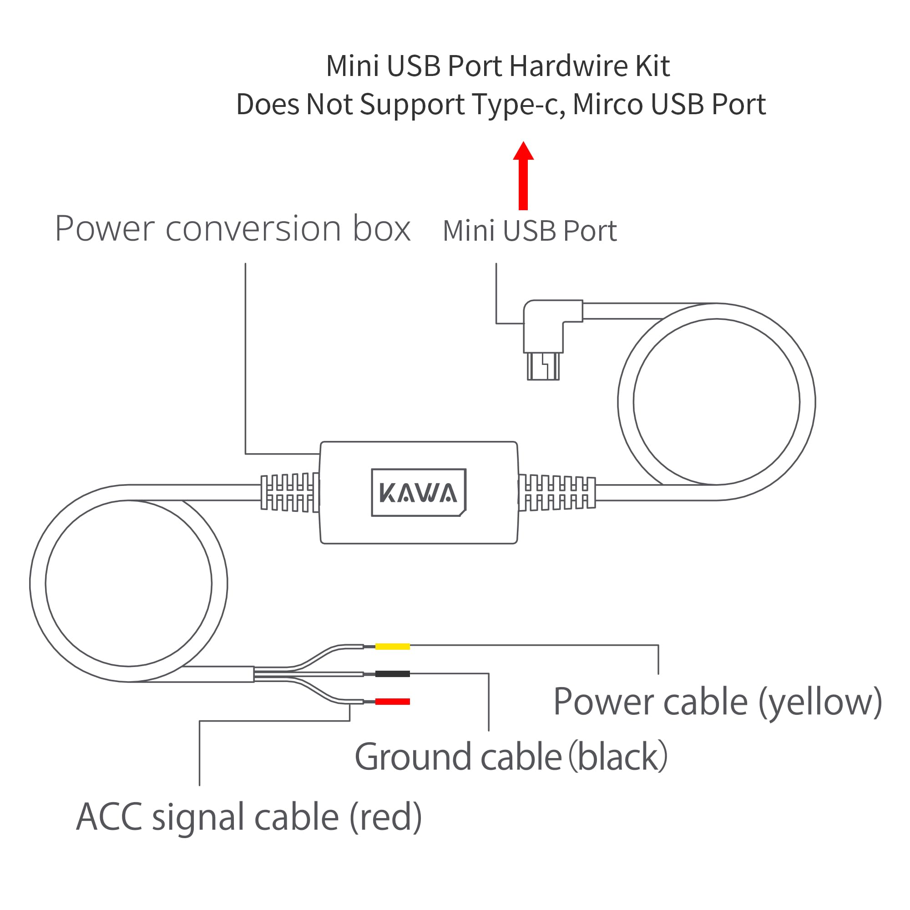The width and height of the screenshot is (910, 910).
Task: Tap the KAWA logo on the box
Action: [x=418, y=493]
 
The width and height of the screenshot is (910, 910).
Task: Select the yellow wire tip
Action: [x=392, y=647]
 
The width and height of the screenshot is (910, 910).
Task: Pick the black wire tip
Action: [x=392, y=674]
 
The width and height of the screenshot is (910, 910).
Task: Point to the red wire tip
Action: [x=392, y=702]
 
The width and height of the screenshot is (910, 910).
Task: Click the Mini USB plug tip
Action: [x=543, y=366]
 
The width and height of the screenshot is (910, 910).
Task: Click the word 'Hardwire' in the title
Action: [x=568, y=66]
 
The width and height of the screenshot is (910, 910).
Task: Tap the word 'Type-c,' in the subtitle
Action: [x=519, y=104]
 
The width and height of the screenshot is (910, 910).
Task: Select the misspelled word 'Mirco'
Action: [x=607, y=104]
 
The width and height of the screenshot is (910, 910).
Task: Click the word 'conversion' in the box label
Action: [x=253, y=229]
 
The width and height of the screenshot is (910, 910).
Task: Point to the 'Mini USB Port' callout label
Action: [x=530, y=231]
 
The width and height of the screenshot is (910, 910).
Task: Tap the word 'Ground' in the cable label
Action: [x=413, y=758]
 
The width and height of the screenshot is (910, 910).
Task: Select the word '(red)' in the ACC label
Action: [x=385, y=818]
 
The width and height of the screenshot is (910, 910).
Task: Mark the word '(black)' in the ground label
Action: [x=618, y=758]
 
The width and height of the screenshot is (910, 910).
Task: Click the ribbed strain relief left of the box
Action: [x=290, y=493]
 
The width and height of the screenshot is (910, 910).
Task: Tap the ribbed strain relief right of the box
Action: [x=557, y=493]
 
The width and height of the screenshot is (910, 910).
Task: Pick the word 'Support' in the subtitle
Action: [x=412, y=105]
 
